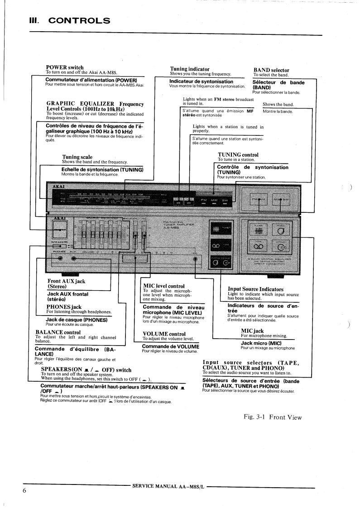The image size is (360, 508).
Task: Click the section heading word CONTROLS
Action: (79, 20)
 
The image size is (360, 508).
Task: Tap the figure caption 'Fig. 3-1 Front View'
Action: (273, 417)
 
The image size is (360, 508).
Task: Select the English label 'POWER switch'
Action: (65, 67)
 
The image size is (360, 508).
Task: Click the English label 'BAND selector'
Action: (271, 70)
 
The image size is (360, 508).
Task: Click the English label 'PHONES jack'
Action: (64, 307)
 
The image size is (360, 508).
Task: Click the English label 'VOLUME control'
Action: (161, 334)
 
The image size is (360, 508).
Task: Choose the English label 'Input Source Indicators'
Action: (255, 289)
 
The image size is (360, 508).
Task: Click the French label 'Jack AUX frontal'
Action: (68, 294)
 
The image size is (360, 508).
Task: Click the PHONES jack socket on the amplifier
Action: (60, 259)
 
